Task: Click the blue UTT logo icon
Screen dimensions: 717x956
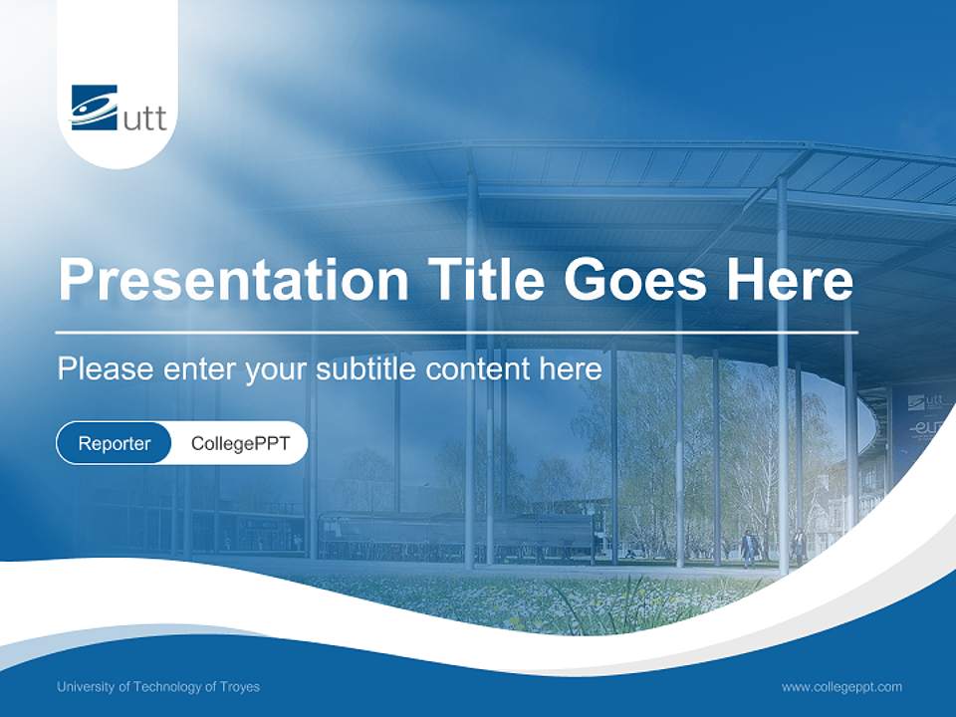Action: (x=94, y=107)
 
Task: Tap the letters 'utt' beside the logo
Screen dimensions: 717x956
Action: (x=144, y=119)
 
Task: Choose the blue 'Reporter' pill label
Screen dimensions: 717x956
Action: (x=114, y=443)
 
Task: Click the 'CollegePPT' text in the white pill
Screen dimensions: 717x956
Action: (x=240, y=443)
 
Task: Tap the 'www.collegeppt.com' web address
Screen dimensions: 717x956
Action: (x=841, y=687)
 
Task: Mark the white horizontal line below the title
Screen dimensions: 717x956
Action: (x=456, y=332)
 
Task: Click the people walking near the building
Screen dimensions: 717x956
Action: (x=750, y=547)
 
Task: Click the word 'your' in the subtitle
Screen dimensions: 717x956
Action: (x=278, y=369)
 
